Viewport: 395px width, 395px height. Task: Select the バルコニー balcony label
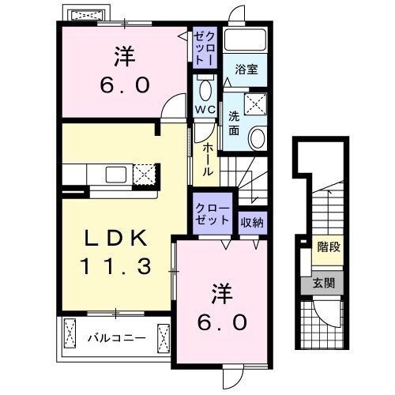click(115, 338)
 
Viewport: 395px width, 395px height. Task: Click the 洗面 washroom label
click(235, 122)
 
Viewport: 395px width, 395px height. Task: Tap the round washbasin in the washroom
click(258, 139)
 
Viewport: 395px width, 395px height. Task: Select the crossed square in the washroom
click(255, 103)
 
